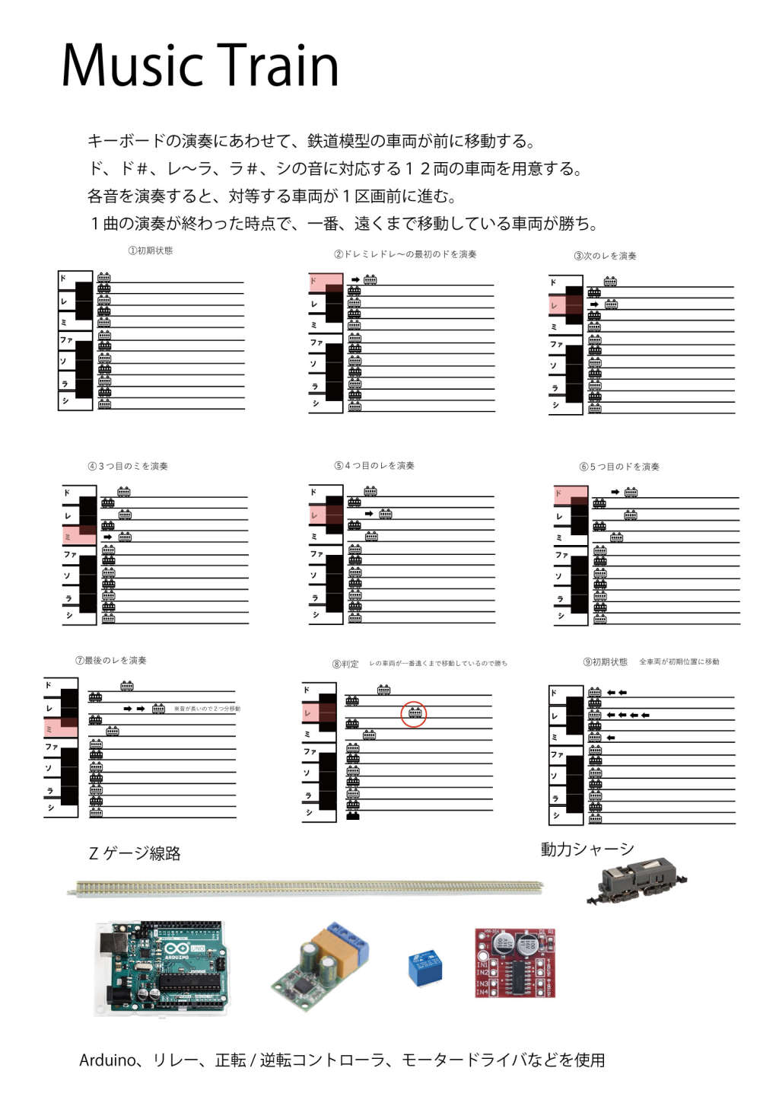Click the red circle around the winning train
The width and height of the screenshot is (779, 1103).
(414, 714)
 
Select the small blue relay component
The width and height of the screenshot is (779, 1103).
(424, 967)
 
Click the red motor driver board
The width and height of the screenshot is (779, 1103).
(515, 962)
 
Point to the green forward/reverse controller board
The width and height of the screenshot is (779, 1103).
(320, 965)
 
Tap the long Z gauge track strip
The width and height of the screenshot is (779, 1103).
(308, 888)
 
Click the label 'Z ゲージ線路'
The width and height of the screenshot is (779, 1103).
(135, 853)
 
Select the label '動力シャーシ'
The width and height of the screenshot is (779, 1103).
(587, 850)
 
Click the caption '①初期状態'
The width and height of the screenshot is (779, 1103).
(151, 250)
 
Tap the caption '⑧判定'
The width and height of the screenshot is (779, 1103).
(345, 664)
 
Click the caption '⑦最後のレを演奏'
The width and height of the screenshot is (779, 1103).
(111, 661)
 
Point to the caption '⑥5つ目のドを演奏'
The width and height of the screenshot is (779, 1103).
(619, 467)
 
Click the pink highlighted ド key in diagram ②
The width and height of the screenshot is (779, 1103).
(325, 282)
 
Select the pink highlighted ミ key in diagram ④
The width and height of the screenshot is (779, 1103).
(79, 537)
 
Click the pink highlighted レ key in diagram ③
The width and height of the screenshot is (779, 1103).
(565, 306)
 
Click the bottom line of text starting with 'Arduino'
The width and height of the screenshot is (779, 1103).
(342, 1060)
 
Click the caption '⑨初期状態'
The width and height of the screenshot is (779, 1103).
(606, 662)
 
